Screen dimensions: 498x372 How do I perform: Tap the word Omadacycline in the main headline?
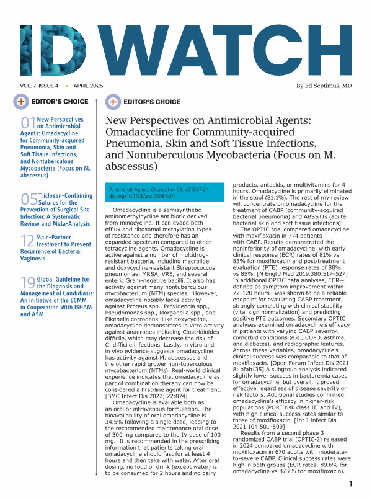[x=142, y=133]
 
